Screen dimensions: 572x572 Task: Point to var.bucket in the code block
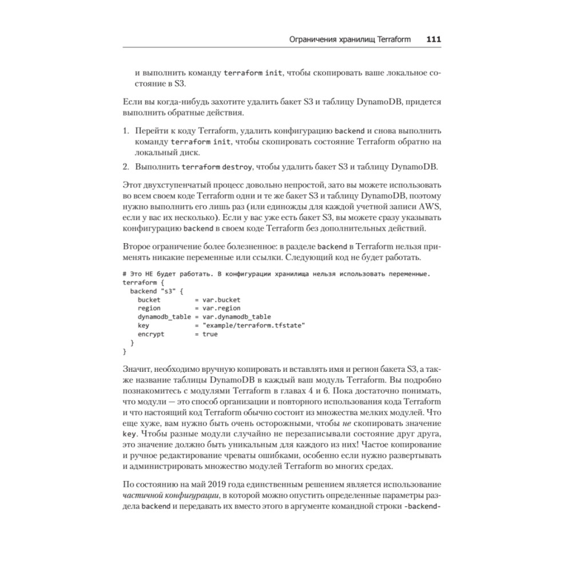coord(221,299)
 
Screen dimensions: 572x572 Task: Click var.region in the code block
coord(221,308)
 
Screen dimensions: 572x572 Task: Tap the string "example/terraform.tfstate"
coord(253,325)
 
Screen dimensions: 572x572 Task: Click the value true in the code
coord(210,333)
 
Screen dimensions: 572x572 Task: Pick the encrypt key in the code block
coord(151,333)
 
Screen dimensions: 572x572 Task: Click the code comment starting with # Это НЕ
coord(276,273)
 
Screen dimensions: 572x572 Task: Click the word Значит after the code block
coord(138,369)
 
